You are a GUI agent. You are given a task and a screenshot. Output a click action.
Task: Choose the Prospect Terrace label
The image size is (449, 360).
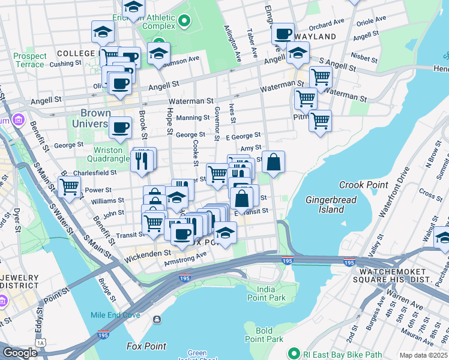point(30,60)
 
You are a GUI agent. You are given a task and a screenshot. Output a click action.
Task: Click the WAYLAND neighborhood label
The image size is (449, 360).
point(315,37)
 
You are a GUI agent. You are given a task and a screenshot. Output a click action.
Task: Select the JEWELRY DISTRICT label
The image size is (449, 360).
point(19,283)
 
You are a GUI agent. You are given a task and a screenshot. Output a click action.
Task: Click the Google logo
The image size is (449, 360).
point(20,353)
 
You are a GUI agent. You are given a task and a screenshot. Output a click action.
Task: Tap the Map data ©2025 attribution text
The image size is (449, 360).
point(423,355)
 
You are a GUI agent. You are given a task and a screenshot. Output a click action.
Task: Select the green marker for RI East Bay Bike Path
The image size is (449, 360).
point(294,353)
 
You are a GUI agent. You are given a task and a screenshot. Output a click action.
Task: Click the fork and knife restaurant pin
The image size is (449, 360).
point(142,160)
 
